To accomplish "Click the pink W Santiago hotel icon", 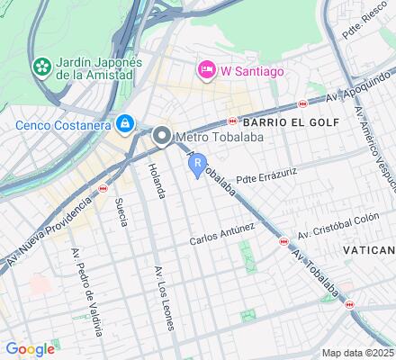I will (206, 69).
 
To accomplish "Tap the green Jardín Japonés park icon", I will (41, 67).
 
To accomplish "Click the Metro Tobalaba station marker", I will (162, 137).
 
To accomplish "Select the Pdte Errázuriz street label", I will (265, 174).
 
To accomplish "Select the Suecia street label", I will (120, 212).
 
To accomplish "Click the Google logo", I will (30, 349).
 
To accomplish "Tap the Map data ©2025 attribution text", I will (358, 353).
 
